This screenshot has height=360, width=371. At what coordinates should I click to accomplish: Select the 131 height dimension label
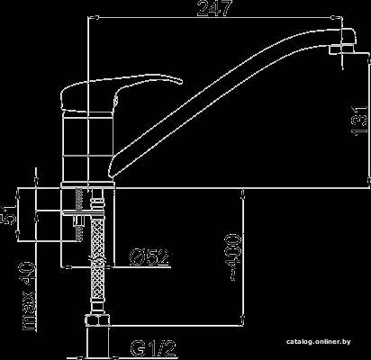click(x=359, y=121)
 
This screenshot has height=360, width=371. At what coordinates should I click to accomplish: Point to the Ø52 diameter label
click(x=149, y=257)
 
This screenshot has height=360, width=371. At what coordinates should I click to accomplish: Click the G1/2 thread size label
click(x=153, y=348)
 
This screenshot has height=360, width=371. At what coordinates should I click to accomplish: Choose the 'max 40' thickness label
click(x=29, y=296)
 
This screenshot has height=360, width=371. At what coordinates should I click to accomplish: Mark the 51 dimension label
click(x=9, y=214)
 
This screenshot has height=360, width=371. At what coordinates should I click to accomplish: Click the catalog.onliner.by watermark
click(x=318, y=342)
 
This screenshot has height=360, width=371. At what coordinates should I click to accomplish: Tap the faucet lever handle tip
click(x=181, y=81)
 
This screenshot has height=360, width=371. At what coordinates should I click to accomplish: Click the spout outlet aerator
click(x=341, y=49)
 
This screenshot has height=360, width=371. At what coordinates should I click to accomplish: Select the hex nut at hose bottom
click(x=96, y=319)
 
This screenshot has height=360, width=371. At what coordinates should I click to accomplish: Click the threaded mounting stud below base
click(x=79, y=214)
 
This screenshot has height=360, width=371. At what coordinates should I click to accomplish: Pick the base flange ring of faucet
click(x=88, y=185)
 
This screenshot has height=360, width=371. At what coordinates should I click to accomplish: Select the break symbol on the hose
click(x=97, y=260)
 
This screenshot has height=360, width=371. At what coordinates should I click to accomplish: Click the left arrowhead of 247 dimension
click(x=94, y=17)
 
